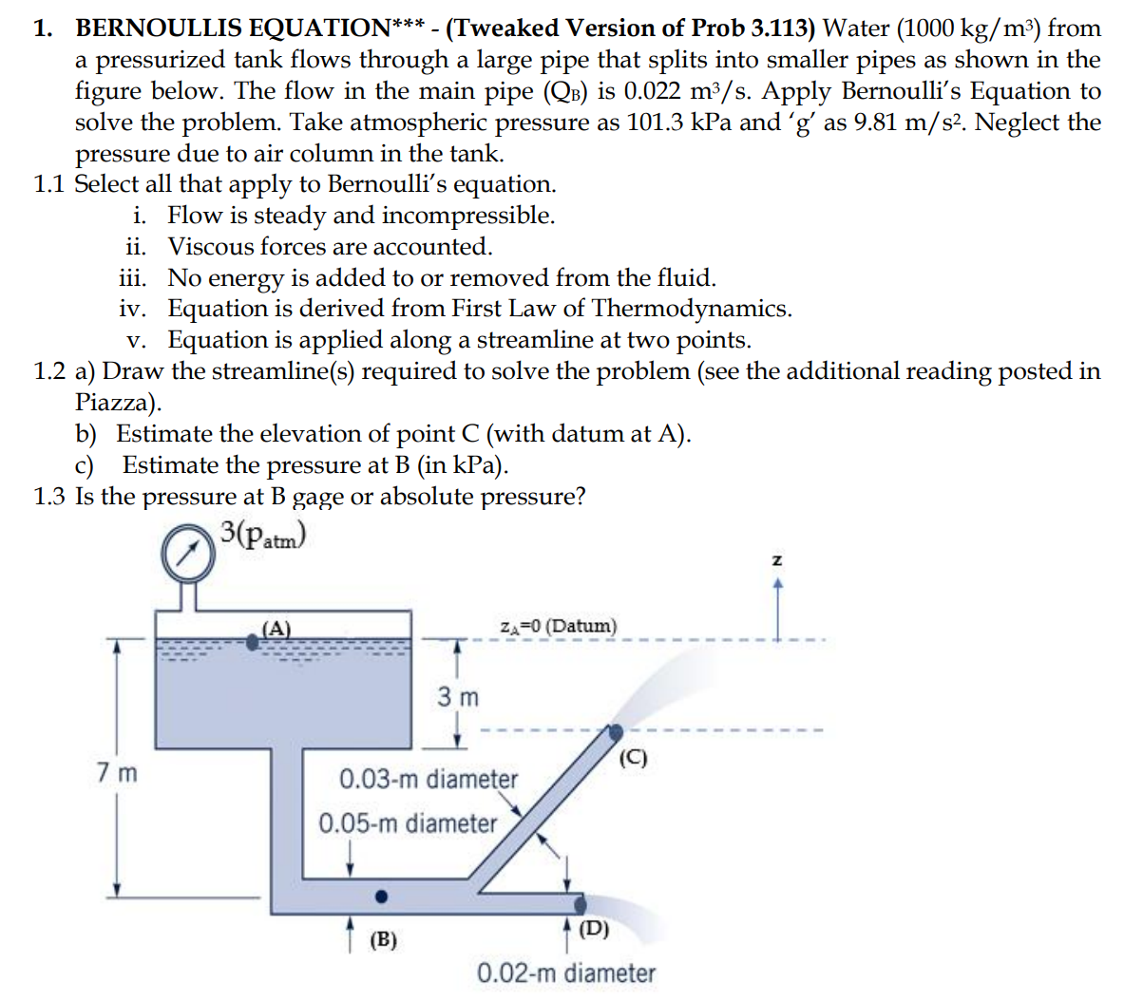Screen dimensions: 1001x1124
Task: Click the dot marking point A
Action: point(253,642)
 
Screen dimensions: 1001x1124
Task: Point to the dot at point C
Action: point(616,732)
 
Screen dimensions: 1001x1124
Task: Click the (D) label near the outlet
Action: point(595,928)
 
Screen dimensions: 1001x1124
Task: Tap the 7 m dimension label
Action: point(117,772)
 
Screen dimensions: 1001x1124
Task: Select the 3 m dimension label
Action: point(458,697)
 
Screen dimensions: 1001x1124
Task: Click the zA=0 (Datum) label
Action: point(558,627)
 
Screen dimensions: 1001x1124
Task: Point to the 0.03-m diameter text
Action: point(429,779)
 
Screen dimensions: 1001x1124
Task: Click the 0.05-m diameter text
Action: point(408,822)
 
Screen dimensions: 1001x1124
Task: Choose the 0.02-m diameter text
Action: point(566,973)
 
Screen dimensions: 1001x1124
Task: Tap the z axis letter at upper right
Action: point(777,560)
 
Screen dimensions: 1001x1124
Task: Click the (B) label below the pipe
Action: point(383,940)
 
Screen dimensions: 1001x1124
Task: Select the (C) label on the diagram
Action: point(633,758)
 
